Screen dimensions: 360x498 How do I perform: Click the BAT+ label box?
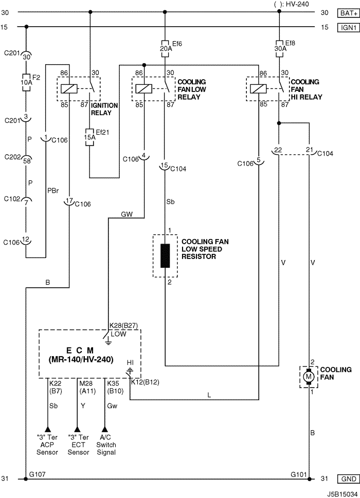(348, 13)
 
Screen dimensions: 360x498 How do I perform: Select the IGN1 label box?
(348, 28)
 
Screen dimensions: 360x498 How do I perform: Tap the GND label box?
(348, 478)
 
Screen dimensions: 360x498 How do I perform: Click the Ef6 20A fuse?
(165, 49)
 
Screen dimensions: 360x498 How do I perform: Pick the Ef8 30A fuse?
(279, 49)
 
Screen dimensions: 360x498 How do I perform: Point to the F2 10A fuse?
(26, 83)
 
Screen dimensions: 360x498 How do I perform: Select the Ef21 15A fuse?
(89, 137)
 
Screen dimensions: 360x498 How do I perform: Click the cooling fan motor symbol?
(309, 377)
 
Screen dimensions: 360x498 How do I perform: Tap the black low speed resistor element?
(165, 256)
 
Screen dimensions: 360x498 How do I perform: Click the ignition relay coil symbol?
(69, 88)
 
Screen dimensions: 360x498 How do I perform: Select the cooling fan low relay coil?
(144, 88)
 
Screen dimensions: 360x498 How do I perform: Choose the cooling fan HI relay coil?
(258, 88)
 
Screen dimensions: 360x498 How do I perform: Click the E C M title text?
(80, 351)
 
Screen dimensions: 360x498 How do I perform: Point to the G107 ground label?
(37, 474)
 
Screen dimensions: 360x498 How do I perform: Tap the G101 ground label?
(299, 474)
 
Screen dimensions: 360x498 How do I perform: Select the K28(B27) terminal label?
(123, 325)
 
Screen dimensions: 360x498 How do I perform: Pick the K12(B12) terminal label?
(145, 382)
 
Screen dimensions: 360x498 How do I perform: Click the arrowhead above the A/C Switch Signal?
(104, 429)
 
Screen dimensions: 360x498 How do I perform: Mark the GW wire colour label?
(127, 214)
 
